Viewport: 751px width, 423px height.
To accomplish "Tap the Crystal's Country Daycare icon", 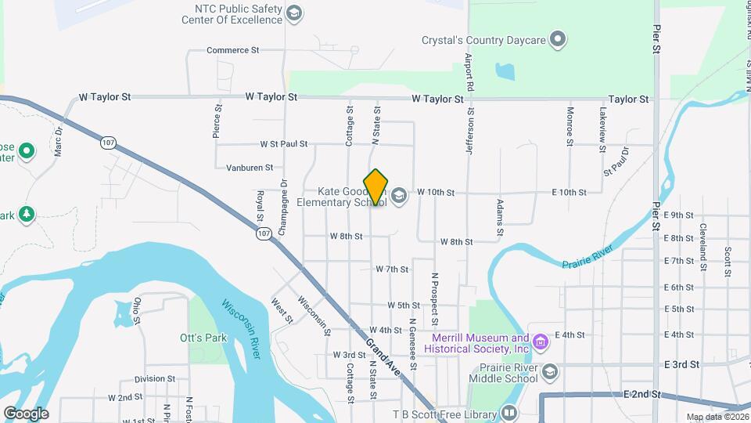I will (x=557, y=38).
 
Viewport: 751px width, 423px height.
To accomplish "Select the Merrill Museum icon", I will (x=540, y=342).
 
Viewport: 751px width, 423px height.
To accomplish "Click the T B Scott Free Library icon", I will (x=509, y=413).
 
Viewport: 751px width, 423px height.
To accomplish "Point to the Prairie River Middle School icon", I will (x=550, y=371).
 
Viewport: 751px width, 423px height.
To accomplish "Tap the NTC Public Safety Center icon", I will (x=293, y=13).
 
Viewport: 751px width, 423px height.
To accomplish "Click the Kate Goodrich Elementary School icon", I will (x=399, y=196).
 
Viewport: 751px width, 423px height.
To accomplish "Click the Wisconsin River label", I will (x=239, y=329).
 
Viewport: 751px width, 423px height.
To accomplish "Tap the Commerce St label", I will (x=232, y=50).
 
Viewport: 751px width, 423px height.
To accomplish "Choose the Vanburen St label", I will (x=250, y=168).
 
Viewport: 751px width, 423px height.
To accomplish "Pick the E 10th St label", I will (x=569, y=192).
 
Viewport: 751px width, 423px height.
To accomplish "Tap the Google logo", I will (x=26, y=413).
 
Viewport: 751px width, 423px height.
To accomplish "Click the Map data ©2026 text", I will (x=717, y=417).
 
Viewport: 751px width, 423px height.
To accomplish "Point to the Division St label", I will (x=154, y=379).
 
